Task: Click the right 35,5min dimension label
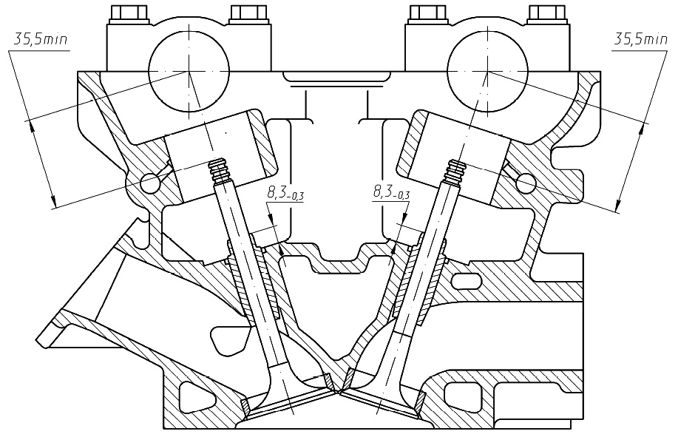tap(641, 40)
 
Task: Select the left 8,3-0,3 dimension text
tap(285, 193)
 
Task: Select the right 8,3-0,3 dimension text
tap(391, 192)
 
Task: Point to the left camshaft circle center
tap(189, 71)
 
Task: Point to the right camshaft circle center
tap(488, 71)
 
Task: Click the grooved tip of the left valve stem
tap(220, 171)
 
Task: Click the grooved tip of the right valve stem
tap(455, 171)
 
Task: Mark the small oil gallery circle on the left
tap(150, 183)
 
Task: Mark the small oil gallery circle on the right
tap(526, 183)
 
